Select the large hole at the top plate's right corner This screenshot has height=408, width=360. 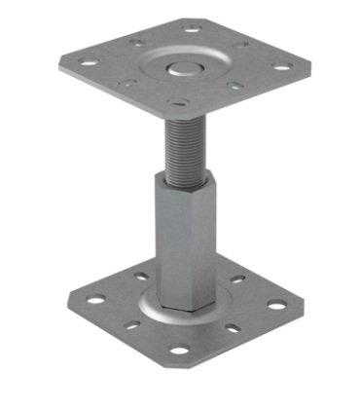coord(283,68)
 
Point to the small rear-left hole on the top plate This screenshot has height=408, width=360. coord(135,45)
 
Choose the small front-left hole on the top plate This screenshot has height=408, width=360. coord(126,84)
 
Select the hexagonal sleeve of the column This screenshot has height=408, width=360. coord(180,243)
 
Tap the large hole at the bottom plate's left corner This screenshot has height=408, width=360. coord(84,299)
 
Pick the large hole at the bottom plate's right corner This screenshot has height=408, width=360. coord(278,305)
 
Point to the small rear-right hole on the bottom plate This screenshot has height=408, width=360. coord(234,282)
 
